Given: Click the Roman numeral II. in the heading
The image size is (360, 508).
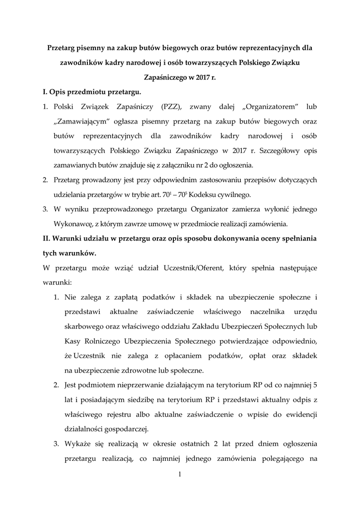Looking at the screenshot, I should click(x=48, y=239).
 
